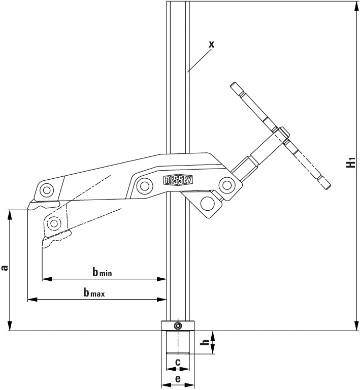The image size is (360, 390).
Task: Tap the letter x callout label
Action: tap(211, 44)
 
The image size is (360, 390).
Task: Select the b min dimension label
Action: tap(102, 272)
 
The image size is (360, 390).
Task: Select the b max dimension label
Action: tap(94, 292)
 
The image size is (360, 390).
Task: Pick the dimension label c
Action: tap(178, 362)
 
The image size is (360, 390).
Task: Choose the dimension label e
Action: tap(178, 379)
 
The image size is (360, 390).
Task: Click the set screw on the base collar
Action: tap(178, 326)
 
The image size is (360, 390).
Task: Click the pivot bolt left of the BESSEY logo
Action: tap(145, 185)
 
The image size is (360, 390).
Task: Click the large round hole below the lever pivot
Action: tap(207, 203)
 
